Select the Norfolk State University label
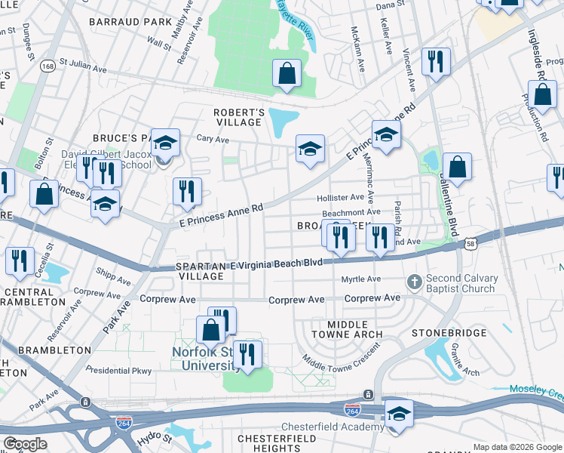tap(204, 358)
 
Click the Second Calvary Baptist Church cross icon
tap(413, 282)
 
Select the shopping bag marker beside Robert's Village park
tap(287, 75)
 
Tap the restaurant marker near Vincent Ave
tap(435, 62)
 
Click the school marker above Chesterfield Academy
tap(399, 413)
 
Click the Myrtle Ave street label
tap(361, 279)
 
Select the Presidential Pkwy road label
tap(119, 370)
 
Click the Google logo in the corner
tap(25, 443)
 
